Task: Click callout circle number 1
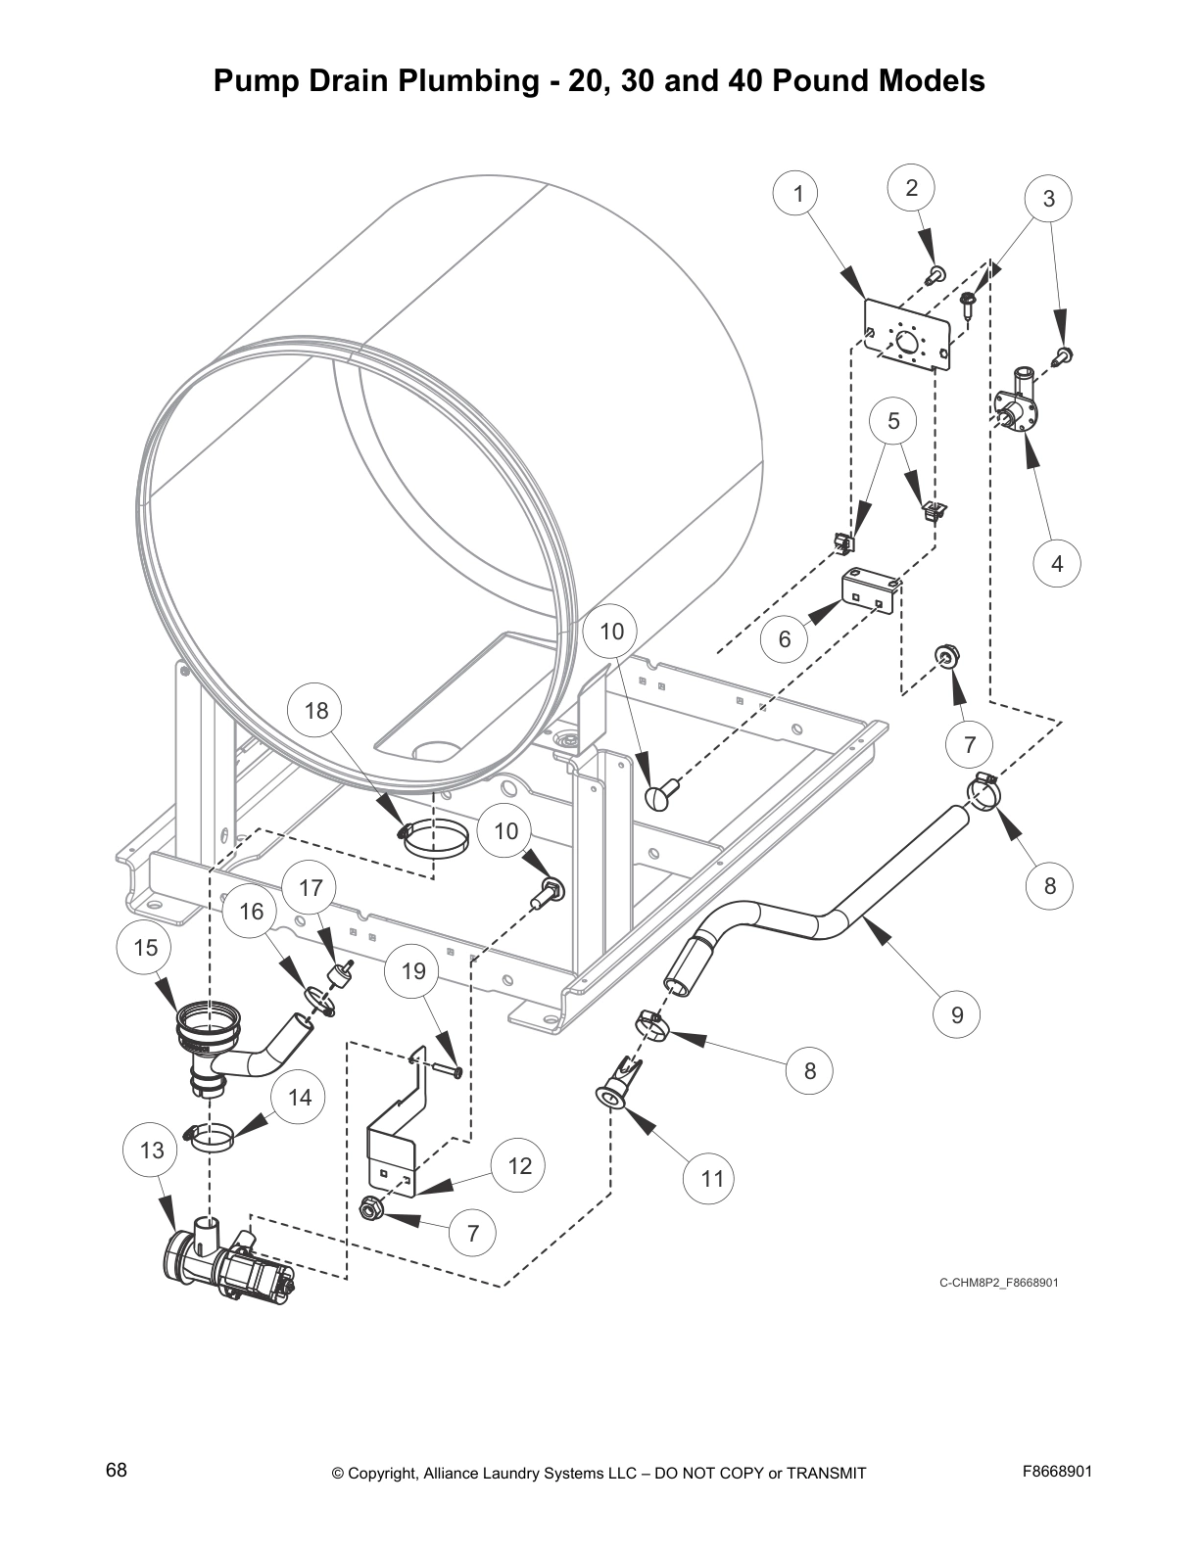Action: point(798,194)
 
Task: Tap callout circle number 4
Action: point(1057,563)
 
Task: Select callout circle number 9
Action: point(957,1014)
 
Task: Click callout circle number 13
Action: point(152,1150)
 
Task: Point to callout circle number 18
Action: point(316,710)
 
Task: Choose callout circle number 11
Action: point(712,1178)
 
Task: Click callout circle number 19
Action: point(413,971)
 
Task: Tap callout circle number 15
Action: point(145,947)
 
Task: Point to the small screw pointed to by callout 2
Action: point(936,274)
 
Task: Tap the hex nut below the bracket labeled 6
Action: point(946,654)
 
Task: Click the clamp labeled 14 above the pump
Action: point(214,1137)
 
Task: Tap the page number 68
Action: point(117,1470)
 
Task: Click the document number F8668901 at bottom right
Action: point(1056,1471)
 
